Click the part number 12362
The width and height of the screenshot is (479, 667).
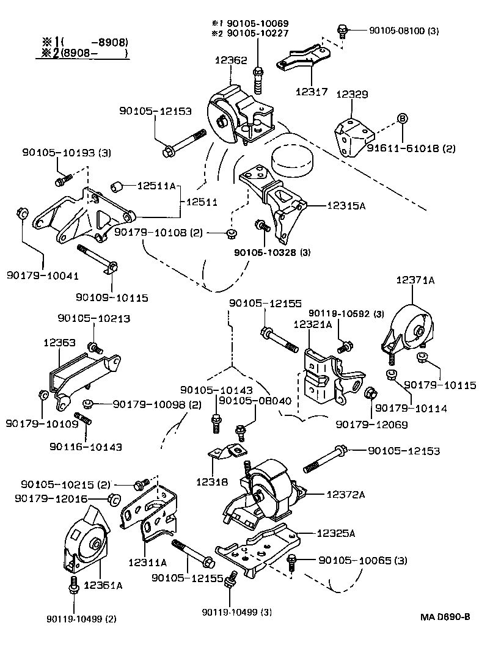pos(230,60)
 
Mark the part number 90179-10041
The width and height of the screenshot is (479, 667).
pos(43,276)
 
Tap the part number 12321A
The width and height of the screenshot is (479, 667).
pos(312,325)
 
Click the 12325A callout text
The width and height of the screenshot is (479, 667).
pos(335,533)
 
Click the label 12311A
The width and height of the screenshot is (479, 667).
pos(148,561)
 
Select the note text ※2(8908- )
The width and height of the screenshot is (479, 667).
pos(85,53)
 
